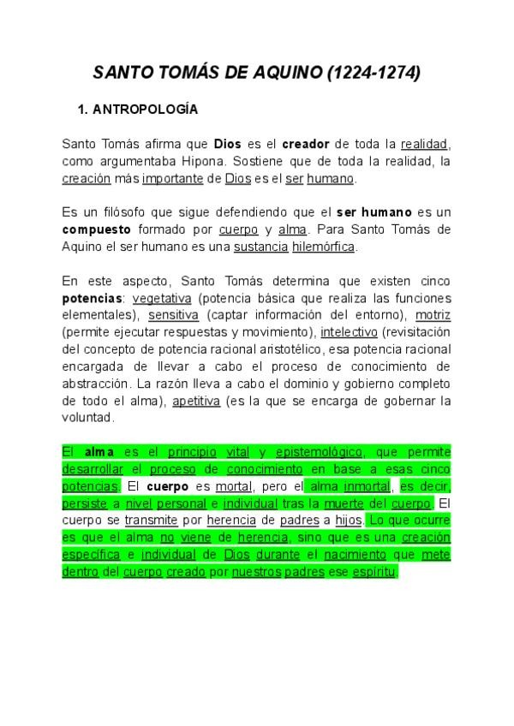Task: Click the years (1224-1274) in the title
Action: point(374,74)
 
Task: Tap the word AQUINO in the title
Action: point(287,74)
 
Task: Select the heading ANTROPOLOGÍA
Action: point(145,110)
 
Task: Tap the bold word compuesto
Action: point(96,229)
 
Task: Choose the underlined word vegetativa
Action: point(162,298)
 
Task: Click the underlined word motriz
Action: point(433,315)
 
